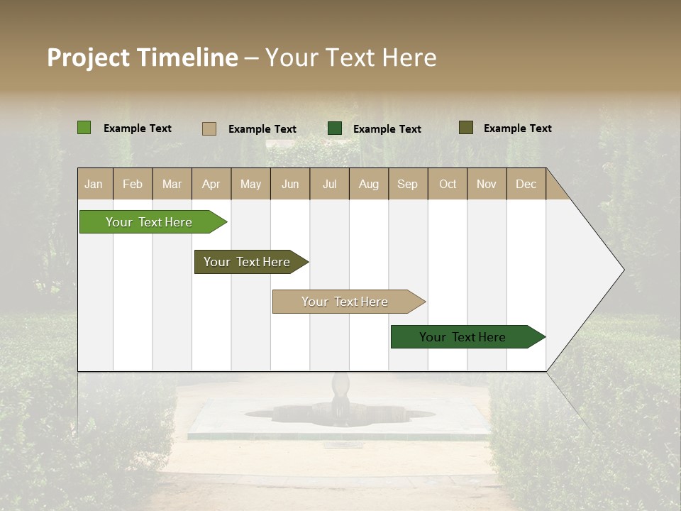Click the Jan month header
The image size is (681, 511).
(x=94, y=184)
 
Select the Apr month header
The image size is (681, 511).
(x=211, y=184)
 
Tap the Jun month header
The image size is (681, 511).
(x=290, y=184)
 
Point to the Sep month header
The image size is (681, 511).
(x=408, y=184)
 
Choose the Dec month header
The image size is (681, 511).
(x=526, y=184)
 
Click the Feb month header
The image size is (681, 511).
(x=133, y=184)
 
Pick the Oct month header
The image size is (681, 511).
(x=448, y=184)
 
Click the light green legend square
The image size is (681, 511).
(x=84, y=128)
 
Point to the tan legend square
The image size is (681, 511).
(x=209, y=128)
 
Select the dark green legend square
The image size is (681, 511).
(x=335, y=128)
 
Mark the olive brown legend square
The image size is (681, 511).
(x=465, y=128)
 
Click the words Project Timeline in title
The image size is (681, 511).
(x=142, y=57)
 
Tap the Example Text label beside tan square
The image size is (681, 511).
(x=262, y=129)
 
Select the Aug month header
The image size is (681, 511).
(x=369, y=184)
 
